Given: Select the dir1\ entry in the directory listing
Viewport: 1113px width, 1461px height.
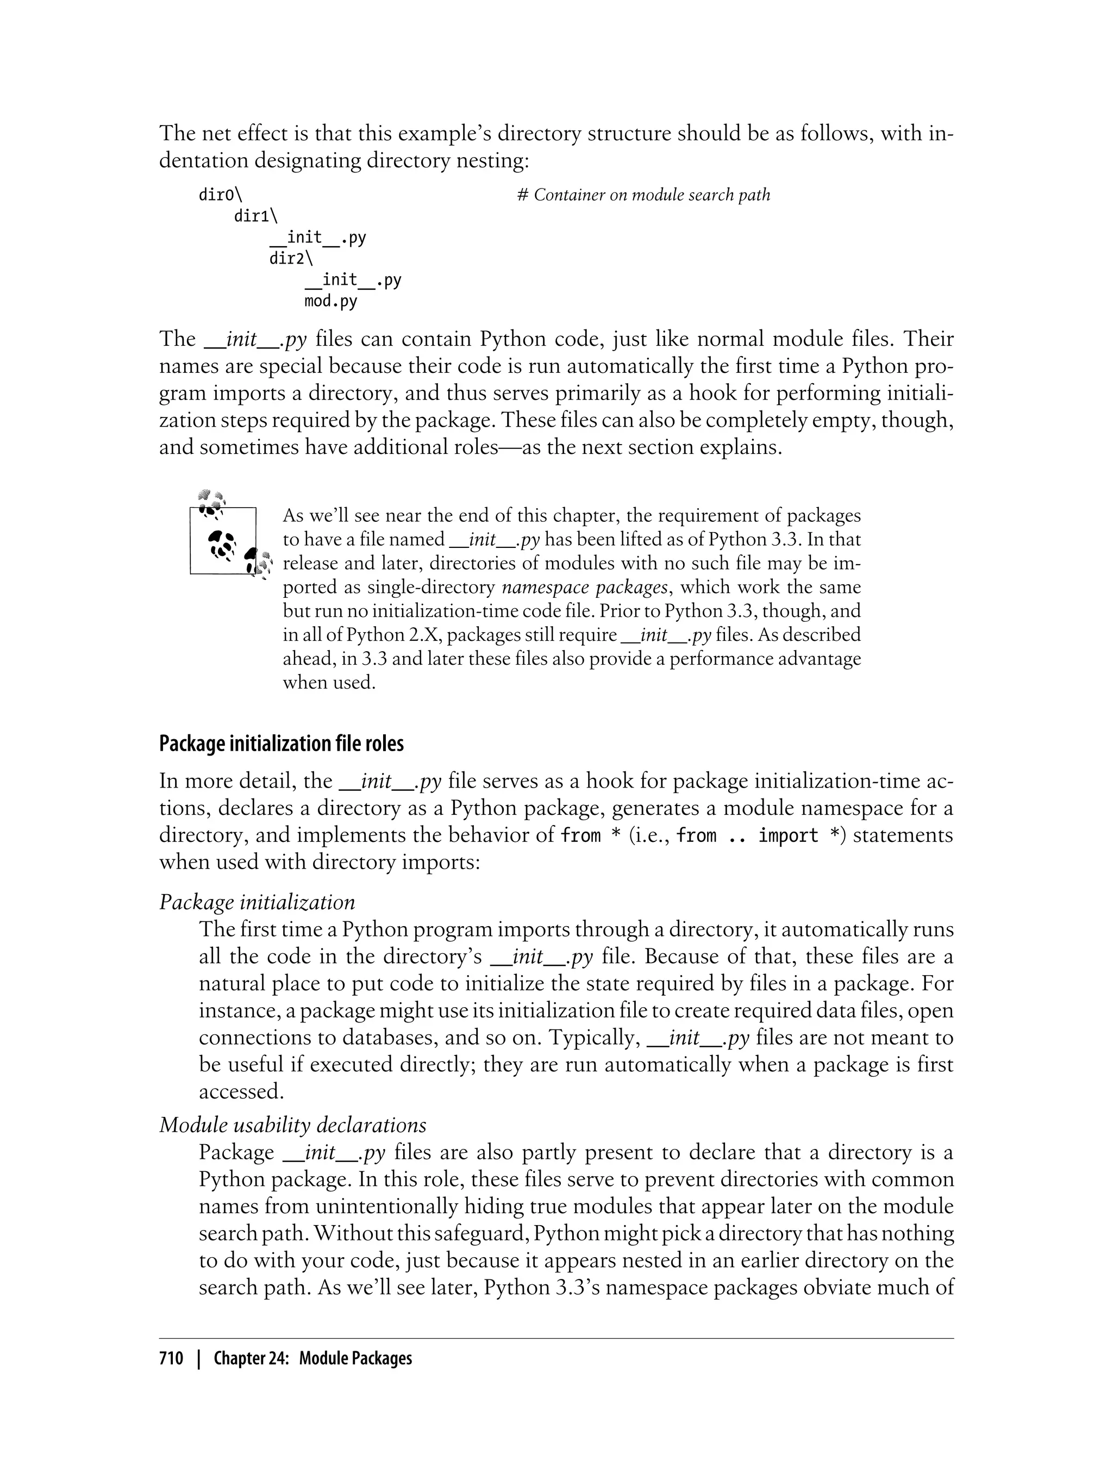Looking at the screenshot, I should coord(256,216).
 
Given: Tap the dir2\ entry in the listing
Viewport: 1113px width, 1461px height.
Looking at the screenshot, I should coord(291,258).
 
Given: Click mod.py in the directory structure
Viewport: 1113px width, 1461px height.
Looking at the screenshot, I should coord(330,302).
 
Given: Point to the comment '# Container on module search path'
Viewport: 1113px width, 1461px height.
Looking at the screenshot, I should coord(643,195).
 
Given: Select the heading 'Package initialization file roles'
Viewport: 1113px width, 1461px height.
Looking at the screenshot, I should coord(281,744).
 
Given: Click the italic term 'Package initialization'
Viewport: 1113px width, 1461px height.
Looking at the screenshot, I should coord(257,902).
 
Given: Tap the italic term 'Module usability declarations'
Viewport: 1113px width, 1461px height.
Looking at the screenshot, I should coord(292,1125).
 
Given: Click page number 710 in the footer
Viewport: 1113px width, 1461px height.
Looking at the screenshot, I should coord(171,1358).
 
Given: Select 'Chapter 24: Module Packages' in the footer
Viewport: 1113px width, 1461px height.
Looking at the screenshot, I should coord(312,1358).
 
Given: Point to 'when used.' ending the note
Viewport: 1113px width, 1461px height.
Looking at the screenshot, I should coord(329,683).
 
